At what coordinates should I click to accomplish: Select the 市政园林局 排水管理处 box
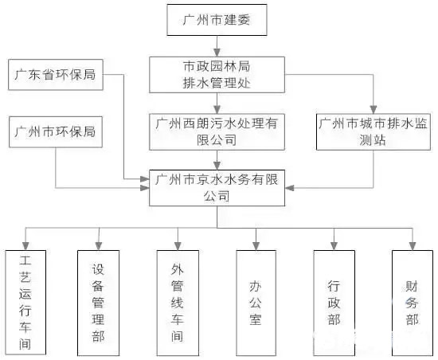point(217,73)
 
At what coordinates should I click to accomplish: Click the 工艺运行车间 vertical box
point(25,303)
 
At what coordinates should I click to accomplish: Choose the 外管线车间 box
point(178,303)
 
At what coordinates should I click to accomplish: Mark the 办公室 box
point(256,303)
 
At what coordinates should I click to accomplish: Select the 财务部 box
point(412,303)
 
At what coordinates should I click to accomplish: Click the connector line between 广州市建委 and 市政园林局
point(217,45)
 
